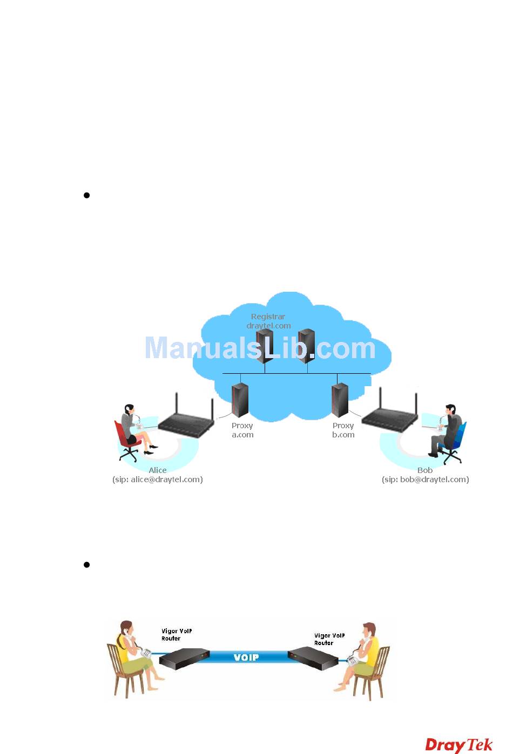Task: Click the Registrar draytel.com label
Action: click(x=268, y=321)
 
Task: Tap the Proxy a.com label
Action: click(x=242, y=430)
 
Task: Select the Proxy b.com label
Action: click(x=343, y=430)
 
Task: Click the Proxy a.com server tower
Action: click(x=240, y=400)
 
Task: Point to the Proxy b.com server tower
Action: click(x=340, y=400)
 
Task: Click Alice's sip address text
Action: click(x=158, y=479)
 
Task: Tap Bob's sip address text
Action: click(x=425, y=479)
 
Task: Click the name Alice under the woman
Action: click(x=158, y=470)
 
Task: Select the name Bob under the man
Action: click(x=425, y=470)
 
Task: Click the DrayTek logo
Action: click(x=458, y=745)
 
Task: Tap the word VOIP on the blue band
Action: click(x=246, y=657)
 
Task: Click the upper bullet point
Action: click(x=86, y=195)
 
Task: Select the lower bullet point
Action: click(x=86, y=565)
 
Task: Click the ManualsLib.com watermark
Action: click(x=260, y=348)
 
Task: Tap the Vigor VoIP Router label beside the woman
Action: click(x=177, y=635)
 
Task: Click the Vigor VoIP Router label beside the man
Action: click(x=329, y=639)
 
